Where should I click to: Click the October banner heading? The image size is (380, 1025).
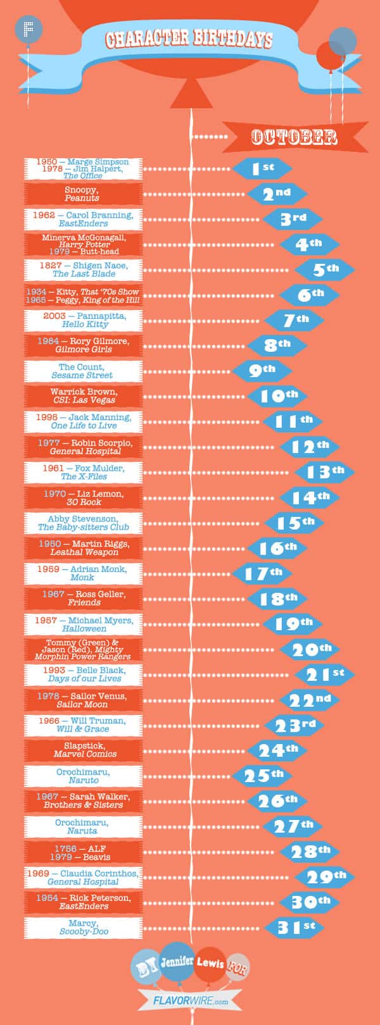pyautogui.click(x=294, y=137)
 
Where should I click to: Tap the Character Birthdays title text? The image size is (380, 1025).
pyautogui.click(x=189, y=40)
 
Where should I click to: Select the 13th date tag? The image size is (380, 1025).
pyautogui.click(x=325, y=471)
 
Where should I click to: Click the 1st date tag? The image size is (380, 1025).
pyautogui.click(x=262, y=168)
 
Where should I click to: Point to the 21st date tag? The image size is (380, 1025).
pyautogui.click(x=325, y=674)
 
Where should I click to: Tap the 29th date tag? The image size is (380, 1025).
pyautogui.click(x=325, y=877)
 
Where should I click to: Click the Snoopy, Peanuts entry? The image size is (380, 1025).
pyautogui.click(x=83, y=194)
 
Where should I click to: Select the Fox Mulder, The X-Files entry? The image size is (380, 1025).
pyautogui.click(x=83, y=472)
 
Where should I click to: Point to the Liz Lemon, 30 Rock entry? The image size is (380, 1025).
pyautogui.click(x=83, y=497)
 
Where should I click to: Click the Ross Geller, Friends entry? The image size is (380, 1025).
pyautogui.click(x=83, y=599)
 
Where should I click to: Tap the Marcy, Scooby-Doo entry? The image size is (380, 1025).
pyautogui.click(x=83, y=928)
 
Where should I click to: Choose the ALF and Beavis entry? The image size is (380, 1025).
pyautogui.click(x=83, y=852)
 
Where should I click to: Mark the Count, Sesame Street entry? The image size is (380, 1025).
pyautogui.click(x=83, y=371)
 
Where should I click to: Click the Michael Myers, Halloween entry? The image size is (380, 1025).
pyautogui.click(x=83, y=624)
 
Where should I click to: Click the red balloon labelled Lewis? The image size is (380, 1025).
pyautogui.click(x=210, y=964)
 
